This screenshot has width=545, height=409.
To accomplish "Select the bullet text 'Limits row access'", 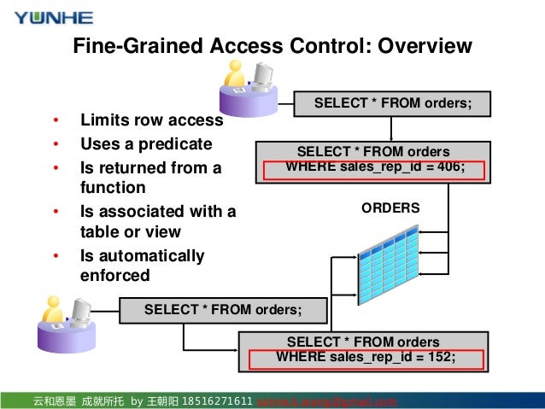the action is coord(151,120).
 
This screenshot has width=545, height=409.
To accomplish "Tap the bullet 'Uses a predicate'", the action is coord(145,144).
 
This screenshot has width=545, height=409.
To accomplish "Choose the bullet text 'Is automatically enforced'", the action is coord(142,266).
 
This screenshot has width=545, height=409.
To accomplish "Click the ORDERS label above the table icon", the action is coord(390,207).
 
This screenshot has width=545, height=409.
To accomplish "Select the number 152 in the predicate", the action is coord(440,357).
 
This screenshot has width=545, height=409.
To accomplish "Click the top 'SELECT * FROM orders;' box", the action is coord(392,103).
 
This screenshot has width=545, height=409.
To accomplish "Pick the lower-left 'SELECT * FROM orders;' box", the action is coord(223,309).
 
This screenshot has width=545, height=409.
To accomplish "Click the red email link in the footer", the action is coord(327,401).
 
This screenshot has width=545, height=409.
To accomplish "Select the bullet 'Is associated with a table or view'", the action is coord(157,221).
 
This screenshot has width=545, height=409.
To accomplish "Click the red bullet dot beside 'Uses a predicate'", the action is coord(56,144).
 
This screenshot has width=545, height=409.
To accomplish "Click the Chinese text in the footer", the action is coord(78,401).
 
